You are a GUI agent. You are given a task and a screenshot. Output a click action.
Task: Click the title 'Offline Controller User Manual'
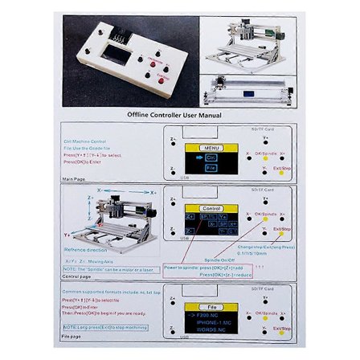(x=174, y=115)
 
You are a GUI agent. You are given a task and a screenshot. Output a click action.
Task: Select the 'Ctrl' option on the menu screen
(x=211, y=158)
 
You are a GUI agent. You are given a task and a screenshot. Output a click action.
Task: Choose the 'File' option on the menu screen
(x=211, y=169)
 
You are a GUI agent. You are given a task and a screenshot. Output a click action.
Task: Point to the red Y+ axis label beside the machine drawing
(x=67, y=235)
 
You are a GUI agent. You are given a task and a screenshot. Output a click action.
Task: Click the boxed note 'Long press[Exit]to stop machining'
(x=104, y=327)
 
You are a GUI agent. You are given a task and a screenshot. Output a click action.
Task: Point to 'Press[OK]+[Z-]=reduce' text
(x=225, y=274)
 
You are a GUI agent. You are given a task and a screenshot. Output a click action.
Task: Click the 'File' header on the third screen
(x=212, y=306)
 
